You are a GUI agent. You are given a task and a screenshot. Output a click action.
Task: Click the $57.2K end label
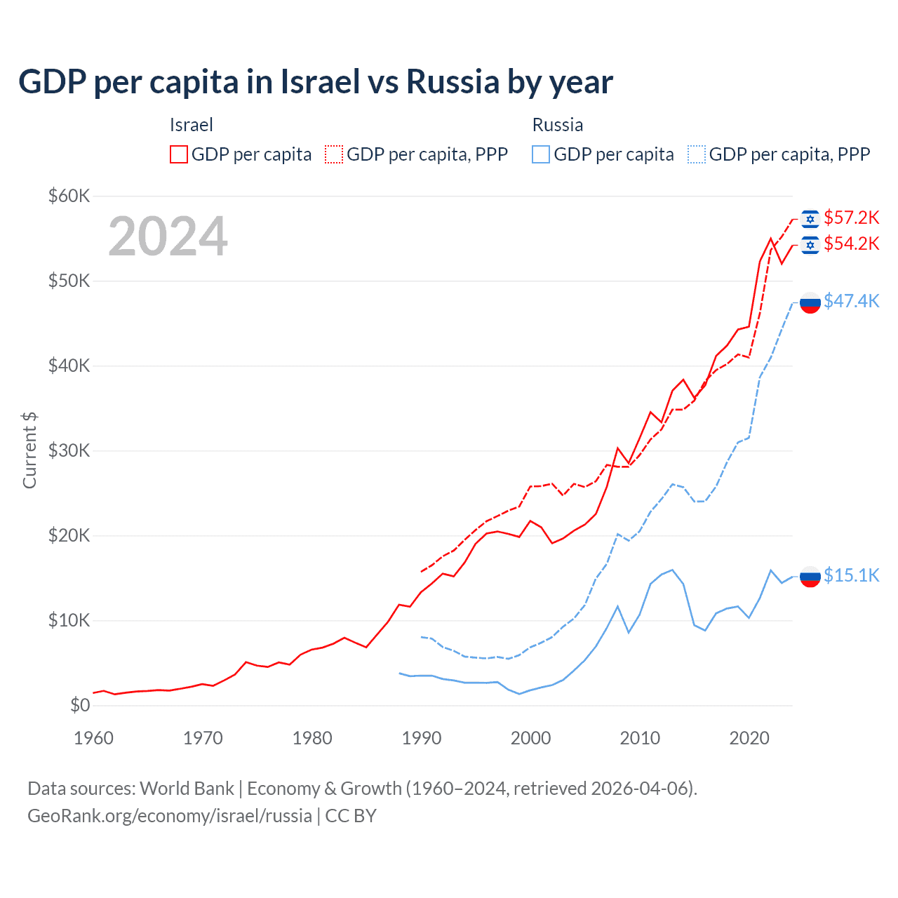[x=851, y=217]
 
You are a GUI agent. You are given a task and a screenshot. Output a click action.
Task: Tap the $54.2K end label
[x=851, y=243]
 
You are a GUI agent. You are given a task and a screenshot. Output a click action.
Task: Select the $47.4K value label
[x=851, y=301]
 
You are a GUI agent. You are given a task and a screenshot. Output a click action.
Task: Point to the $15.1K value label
[x=851, y=575]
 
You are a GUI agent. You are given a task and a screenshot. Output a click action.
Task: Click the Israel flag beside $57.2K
[x=810, y=219]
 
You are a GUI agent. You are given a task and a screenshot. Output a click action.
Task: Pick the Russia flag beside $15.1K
[x=810, y=577]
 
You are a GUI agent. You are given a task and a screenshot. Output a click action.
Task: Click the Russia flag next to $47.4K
[x=810, y=303]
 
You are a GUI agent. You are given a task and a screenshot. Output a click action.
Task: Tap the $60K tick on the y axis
[x=69, y=196]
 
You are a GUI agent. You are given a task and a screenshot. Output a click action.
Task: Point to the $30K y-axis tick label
[x=69, y=450]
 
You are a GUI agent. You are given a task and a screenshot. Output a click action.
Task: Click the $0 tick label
[x=80, y=705]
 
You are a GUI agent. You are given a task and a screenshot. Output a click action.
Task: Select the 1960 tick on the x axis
[x=93, y=738]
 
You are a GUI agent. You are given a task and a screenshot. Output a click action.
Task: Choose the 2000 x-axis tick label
[x=530, y=738]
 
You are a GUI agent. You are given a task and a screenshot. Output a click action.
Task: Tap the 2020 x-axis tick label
[x=749, y=738]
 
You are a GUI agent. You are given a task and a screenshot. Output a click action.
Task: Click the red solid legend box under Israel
[x=179, y=154]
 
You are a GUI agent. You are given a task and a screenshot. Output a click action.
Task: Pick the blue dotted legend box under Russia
[x=697, y=154]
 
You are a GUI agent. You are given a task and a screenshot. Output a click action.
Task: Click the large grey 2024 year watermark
[x=168, y=236]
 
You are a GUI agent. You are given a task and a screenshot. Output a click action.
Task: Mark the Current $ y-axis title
[x=29, y=450]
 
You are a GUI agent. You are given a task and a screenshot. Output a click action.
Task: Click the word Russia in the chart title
[x=453, y=82]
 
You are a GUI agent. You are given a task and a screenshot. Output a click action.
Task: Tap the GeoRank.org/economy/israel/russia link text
[x=170, y=816]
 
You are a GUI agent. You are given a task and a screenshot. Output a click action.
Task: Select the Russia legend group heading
[x=558, y=125]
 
